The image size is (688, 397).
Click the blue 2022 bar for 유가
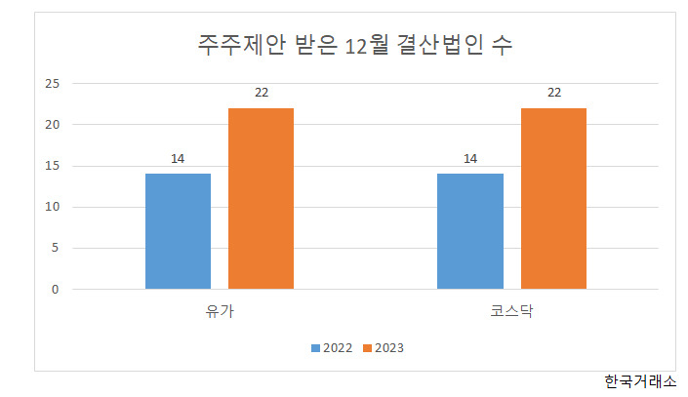179,231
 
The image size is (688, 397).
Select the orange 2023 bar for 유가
262,198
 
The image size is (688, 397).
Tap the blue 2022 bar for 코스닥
470,231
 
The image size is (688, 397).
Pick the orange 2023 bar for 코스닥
553,198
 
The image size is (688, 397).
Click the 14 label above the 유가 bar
178,159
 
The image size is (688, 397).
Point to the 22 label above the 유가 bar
262,93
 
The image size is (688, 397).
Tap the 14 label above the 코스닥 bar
470,159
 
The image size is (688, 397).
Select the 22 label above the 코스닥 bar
554,93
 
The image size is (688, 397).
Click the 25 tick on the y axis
53,83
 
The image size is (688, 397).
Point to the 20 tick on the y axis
53,125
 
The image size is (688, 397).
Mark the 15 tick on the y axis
53,166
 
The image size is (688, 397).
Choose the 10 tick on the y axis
53,207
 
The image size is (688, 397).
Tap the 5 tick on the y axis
55,248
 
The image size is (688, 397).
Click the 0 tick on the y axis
55,290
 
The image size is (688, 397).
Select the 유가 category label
220,311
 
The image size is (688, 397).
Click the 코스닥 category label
511,311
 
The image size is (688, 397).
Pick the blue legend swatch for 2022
315,348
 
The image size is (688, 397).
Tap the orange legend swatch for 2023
367,348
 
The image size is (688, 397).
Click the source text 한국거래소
640,381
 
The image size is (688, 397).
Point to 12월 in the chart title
367,45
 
